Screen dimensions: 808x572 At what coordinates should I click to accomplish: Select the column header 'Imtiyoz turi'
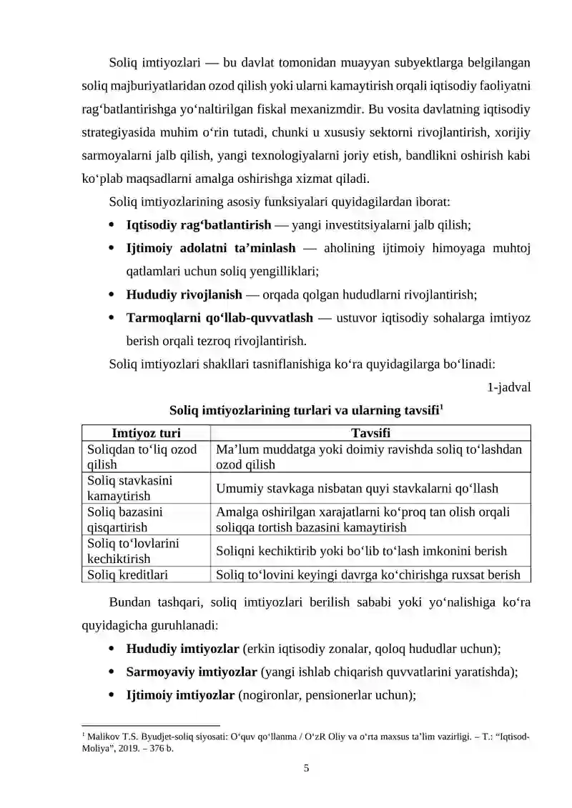click(x=147, y=433)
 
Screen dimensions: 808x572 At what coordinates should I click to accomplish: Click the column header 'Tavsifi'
click(x=370, y=433)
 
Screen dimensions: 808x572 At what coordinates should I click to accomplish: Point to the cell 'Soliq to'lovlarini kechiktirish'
click(x=132, y=550)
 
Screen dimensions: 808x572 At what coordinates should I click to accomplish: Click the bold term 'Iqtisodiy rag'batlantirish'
click(x=198, y=225)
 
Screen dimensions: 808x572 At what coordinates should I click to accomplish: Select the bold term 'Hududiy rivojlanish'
click(x=184, y=294)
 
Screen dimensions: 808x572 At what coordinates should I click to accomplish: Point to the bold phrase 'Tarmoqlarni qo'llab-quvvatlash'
click(x=219, y=316)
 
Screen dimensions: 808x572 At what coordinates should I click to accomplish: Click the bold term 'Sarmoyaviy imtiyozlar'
click(x=192, y=672)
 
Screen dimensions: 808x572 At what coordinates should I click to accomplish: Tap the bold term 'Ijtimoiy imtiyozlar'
click(x=180, y=694)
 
